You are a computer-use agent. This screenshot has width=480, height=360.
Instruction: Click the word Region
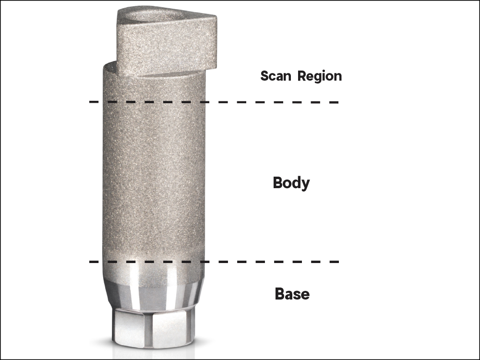click(319, 76)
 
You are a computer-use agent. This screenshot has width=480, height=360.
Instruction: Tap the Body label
click(291, 183)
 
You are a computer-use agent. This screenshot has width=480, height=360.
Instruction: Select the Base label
click(292, 294)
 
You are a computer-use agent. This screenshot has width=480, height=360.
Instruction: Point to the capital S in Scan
click(264, 76)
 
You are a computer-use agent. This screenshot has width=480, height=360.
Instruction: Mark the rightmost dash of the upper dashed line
click(334, 102)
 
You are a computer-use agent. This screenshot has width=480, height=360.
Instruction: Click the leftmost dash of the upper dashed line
click(94, 102)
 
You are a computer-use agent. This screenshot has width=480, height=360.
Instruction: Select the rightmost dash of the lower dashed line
click(334, 262)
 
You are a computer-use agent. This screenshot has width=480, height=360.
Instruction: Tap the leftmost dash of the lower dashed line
click(94, 262)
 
